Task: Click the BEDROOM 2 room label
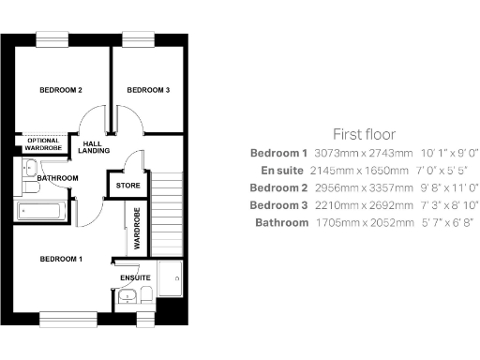coord(61,90)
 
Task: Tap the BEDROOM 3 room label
coord(148,90)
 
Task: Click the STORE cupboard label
coord(127,185)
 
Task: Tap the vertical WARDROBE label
coord(137,229)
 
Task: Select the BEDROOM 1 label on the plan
coord(61,257)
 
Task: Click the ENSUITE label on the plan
coord(134,277)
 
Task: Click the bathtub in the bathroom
coord(38,211)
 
